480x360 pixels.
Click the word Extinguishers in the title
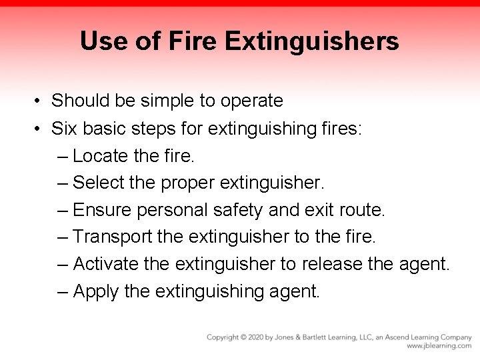(x=312, y=41)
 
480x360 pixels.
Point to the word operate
(x=251, y=101)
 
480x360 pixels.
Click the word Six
(x=65, y=127)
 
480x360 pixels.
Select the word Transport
(x=113, y=237)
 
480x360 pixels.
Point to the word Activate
(x=105, y=264)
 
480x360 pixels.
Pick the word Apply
(x=93, y=291)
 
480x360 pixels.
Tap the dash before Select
(x=63, y=183)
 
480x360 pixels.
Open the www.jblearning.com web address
(x=439, y=346)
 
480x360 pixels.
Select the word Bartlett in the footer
(x=328, y=337)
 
